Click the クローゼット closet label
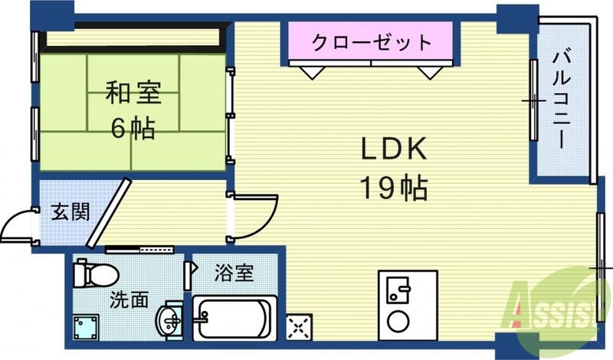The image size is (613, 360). (x=372, y=42)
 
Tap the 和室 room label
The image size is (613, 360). (x=133, y=92)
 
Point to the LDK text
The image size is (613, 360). (x=394, y=149)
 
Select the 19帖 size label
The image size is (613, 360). (x=394, y=188)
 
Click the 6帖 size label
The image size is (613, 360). (x=133, y=128)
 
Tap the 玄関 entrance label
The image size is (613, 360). (x=70, y=211)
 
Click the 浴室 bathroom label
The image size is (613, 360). (x=234, y=273)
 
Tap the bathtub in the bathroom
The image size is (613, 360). (x=234, y=318)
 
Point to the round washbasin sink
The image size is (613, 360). (x=169, y=319)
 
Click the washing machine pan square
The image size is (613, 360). (x=86, y=328)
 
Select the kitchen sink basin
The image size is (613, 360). (x=398, y=290)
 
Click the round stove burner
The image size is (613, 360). (x=398, y=320)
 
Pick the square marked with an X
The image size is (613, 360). (x=299, y=326)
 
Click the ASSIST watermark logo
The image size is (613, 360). (x=559, y=311)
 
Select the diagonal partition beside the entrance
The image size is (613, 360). (x=109, y=213)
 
